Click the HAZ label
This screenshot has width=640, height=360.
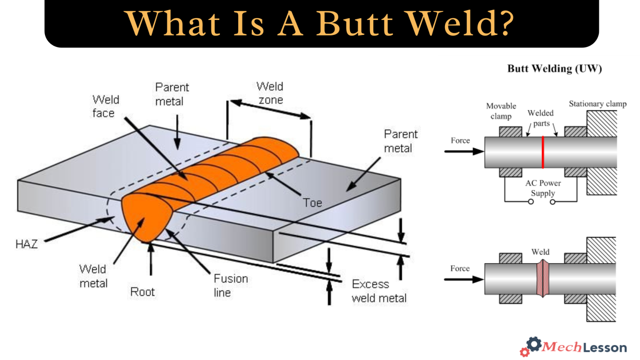point(26,244)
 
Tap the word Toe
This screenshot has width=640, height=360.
point(312,203)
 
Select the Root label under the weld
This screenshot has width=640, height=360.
point(142,292)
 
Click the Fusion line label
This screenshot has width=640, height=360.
point(230,285)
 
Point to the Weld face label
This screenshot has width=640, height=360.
point(105,106)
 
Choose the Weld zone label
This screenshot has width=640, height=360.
point(270,93)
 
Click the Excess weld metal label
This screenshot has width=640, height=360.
point(379,291)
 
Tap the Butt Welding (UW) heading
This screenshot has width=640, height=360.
point(554,69)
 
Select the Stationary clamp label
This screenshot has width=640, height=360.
point(597,104)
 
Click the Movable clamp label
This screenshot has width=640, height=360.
point(501,111)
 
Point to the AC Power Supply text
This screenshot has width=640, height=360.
point(542,188)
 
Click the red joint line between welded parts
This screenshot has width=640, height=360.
point(542,152)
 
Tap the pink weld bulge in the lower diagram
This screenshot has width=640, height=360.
point(542,278)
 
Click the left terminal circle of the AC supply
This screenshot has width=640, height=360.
point(531,202)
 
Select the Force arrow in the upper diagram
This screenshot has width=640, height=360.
point(463,151)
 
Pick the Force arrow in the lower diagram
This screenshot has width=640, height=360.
point(463,279)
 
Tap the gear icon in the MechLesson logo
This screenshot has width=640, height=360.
point(534,344)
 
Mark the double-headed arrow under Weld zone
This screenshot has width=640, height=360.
point(270,109)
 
